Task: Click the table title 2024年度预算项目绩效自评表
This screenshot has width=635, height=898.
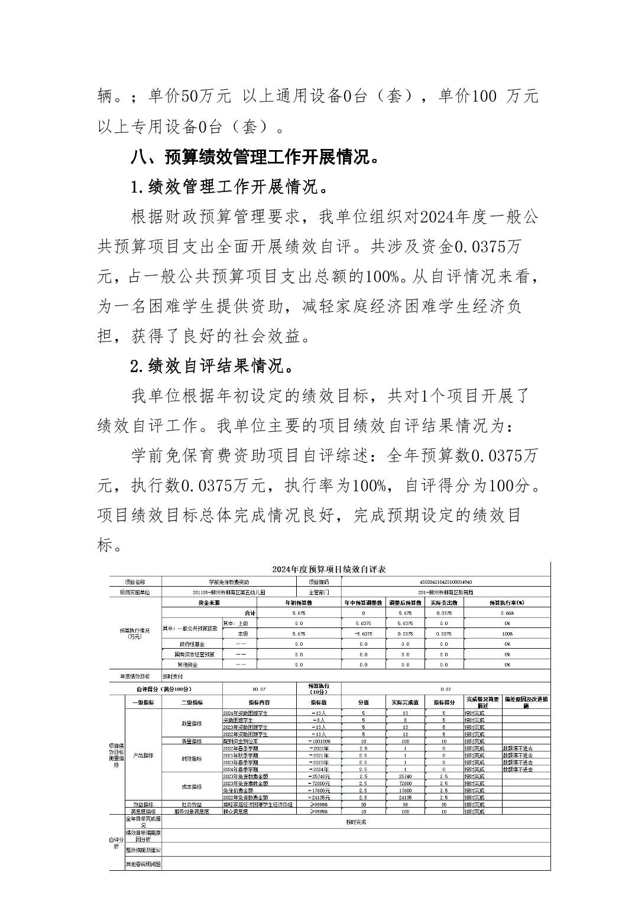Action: coord(329,570)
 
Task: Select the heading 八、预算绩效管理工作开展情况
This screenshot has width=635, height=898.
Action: coord(255,158)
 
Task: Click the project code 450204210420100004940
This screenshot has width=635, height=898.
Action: coord(445,582)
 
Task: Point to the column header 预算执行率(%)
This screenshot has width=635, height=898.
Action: coord(507,603)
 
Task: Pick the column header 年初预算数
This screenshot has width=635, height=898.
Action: coord(299,603)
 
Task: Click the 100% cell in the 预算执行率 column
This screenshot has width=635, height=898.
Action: coord(507,633)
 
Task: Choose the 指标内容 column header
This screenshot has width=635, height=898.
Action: coord(259,702)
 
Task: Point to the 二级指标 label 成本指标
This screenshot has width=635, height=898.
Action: coord(192,787)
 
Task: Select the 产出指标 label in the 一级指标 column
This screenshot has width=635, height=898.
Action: coord(142,756)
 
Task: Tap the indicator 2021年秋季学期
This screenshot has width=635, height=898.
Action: coord(240,756)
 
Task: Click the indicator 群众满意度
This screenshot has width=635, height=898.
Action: coord(235,812)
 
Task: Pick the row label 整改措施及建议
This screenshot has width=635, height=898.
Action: coord(142,850)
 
